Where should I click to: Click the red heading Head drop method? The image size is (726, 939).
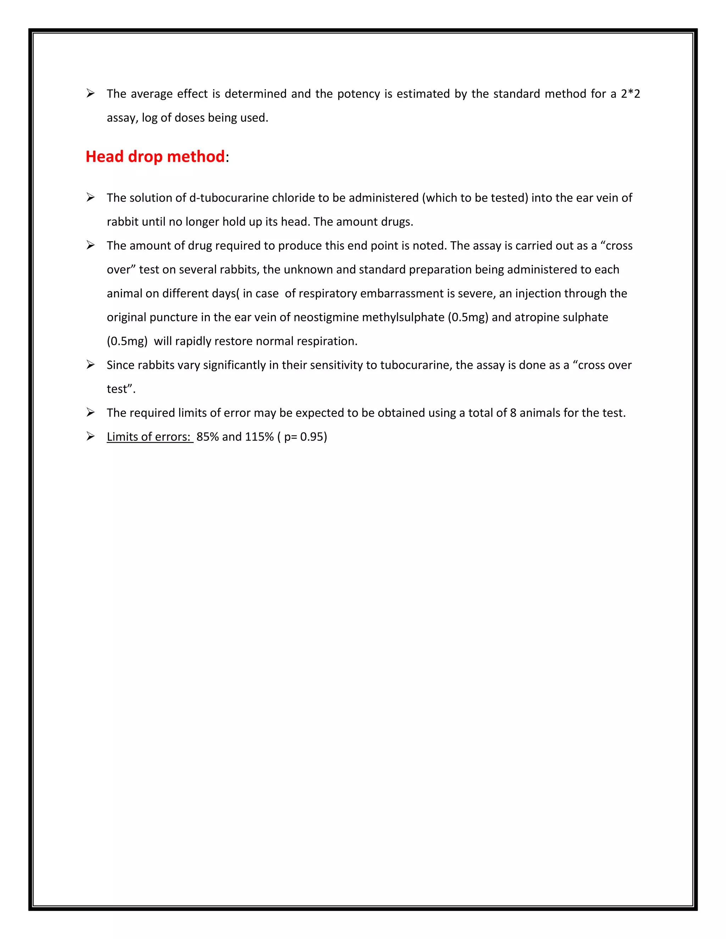point(155,157)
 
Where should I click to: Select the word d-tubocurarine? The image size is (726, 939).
point(229,198)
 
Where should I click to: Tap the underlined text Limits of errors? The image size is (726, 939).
point(149,437)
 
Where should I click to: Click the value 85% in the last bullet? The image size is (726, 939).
point(207,437)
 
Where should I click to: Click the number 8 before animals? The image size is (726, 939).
point(513,413)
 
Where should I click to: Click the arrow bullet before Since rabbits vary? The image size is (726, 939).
point(90,365)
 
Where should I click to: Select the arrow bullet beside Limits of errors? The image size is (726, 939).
point(90,437)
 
